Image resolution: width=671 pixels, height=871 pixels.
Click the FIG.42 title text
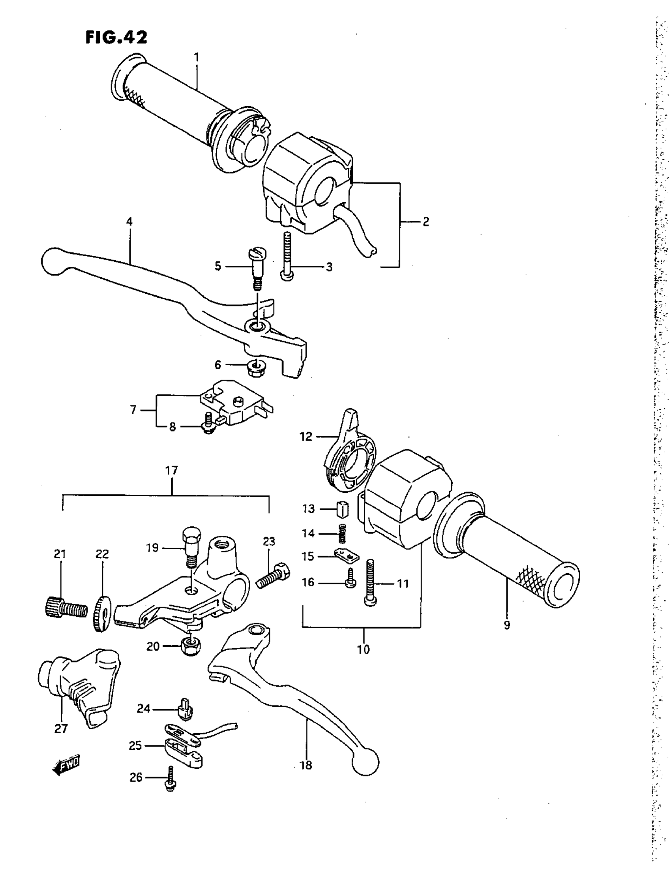point(116,38)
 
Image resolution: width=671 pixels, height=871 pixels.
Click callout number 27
point(61,729)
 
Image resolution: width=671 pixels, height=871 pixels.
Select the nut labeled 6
point(255,365)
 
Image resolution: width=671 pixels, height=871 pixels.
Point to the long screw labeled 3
point(287,257)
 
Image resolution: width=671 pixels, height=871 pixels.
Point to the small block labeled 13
point(343,509)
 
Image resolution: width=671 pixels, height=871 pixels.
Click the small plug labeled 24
point(185,710)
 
